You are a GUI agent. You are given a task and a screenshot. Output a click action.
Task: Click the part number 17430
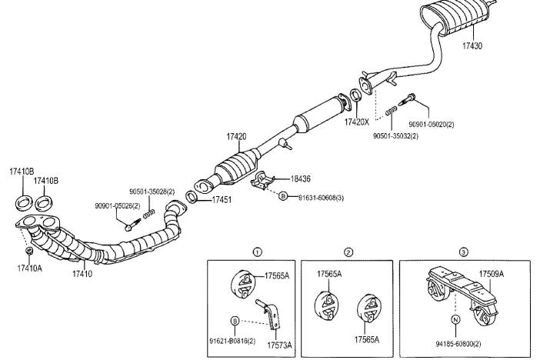[472, 46]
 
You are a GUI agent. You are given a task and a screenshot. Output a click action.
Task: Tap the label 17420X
[357, 122]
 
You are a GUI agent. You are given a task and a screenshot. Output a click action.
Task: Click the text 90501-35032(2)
[395, 135]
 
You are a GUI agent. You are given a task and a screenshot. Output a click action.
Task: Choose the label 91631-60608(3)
[322, 198]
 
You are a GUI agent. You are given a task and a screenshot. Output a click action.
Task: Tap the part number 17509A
[493, 274]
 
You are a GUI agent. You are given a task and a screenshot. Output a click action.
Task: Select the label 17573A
[279, 346]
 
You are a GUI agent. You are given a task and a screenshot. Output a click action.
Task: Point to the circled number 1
[257, 252]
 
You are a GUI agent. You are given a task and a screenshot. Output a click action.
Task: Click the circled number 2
[348, 252]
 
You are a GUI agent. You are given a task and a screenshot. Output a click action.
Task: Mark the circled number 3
[463, 252]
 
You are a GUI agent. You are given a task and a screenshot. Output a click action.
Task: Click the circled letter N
[455, 318]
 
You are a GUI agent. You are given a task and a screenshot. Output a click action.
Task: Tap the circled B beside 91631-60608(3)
[282, 197]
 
